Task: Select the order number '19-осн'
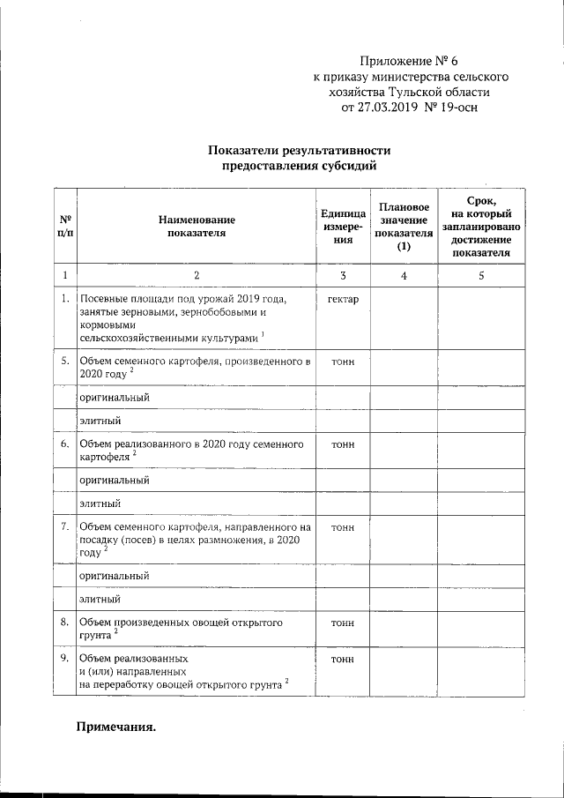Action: [456, 108]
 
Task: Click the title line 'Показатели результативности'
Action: [299, 150]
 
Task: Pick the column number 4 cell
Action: [404, 276]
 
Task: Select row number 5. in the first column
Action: [64, 361]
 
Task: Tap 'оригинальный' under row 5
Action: [114, 397]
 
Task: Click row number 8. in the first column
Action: [64, 622]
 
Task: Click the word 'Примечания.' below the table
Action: [115, 727]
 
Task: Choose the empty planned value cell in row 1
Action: [404, 318]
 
